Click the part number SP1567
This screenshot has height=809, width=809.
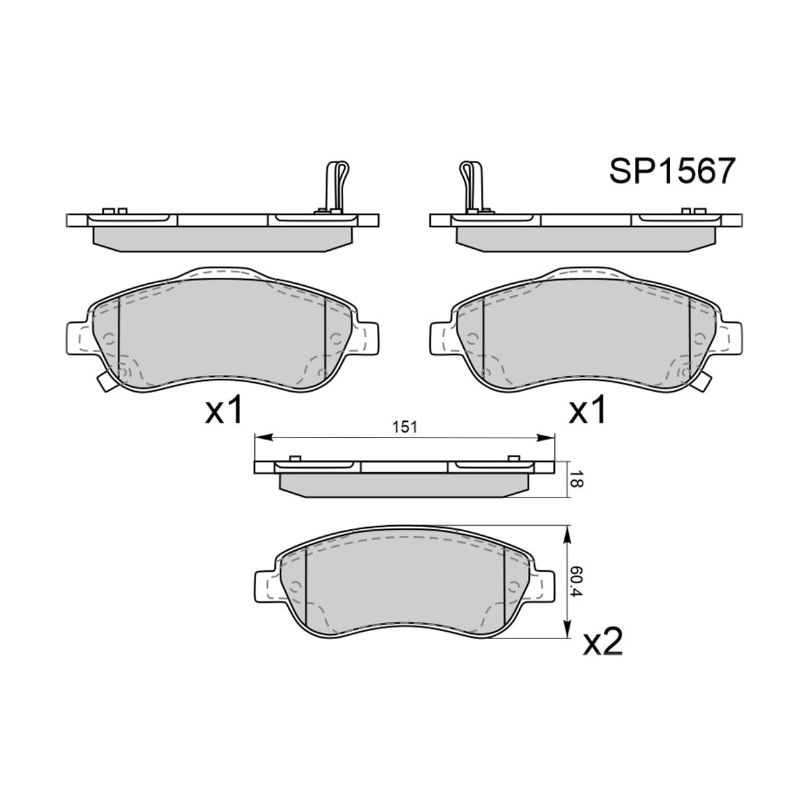tap(672, 171)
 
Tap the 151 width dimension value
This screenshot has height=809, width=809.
tap(405, 427)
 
